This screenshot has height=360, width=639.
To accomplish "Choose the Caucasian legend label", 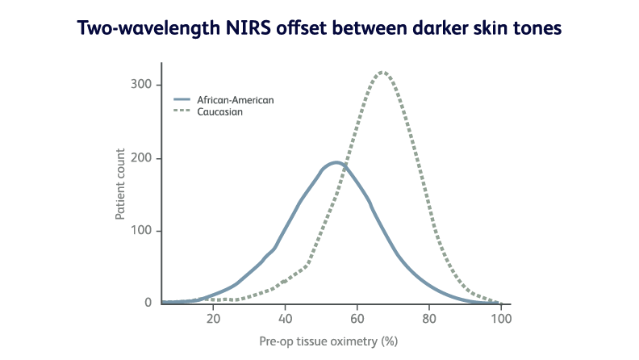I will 219,111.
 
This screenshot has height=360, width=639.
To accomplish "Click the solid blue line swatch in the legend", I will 183,100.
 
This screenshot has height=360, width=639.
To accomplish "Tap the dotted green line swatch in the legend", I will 183,111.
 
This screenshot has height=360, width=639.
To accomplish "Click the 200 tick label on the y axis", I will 142,158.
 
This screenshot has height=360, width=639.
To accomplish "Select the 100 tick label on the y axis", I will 142,231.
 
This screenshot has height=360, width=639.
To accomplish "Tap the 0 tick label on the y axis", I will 148,303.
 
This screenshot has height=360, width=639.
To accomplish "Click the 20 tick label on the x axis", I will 214,318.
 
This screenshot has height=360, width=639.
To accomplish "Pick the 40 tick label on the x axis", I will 286,318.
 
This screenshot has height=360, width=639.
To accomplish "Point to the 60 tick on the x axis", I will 357,318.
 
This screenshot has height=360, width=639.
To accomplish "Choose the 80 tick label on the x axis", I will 429,318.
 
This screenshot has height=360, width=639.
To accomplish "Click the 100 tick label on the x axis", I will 500,318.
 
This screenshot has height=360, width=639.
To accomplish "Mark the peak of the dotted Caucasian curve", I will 383,72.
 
